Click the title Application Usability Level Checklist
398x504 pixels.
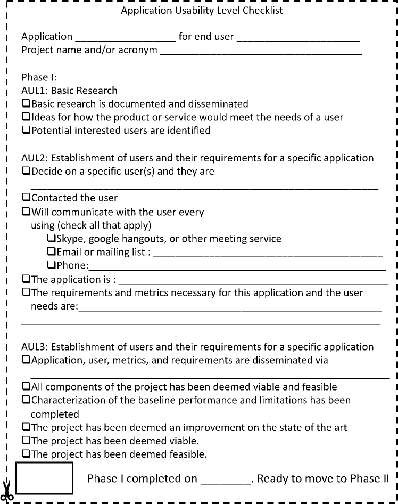[x=202, y=10]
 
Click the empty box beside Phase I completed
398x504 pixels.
[x=45, y=478]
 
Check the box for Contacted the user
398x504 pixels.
[x=26, y=198]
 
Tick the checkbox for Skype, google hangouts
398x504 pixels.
[x=52, y=238]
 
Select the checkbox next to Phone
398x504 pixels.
[x=52, y=265]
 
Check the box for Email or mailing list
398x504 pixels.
[x=52, y=252]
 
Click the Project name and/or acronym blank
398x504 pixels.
[x=261, y=52]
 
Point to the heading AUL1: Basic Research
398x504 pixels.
[x=69, y=91]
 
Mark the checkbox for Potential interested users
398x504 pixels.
[x=26, y=131]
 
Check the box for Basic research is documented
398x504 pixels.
[x=26, y=104]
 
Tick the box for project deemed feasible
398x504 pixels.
[x=26, y=454]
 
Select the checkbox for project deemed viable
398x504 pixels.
[x=26, y=441]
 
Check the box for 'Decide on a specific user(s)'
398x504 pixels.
[x=26, y=172]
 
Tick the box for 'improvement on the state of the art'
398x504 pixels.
[x=26, y=427]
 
